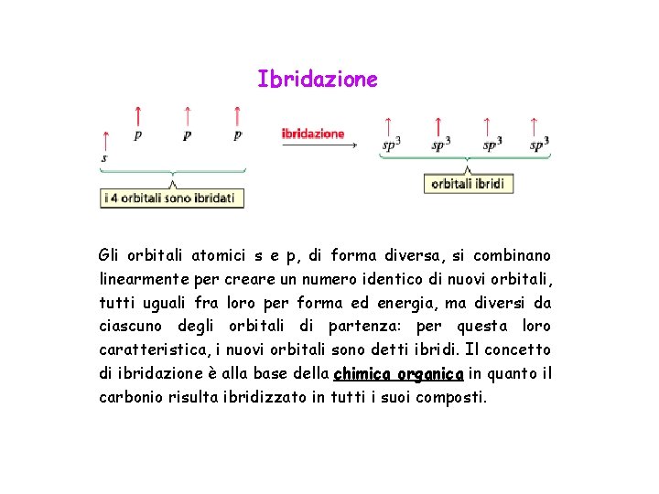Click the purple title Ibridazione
[317, 80]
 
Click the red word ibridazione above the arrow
[313, 133]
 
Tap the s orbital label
[103, 157]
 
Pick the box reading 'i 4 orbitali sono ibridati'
[171, 198]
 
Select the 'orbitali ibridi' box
[467, 183]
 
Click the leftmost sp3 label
[391, 144]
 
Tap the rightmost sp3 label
[539, 144]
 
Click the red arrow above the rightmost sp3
[535, 125]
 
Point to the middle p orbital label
[187, 135]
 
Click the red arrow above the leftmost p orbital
[137, 117]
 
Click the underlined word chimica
[363, 373]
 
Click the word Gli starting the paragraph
[110, 255]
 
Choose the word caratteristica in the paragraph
[149, 350]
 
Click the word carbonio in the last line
[131, 397]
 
